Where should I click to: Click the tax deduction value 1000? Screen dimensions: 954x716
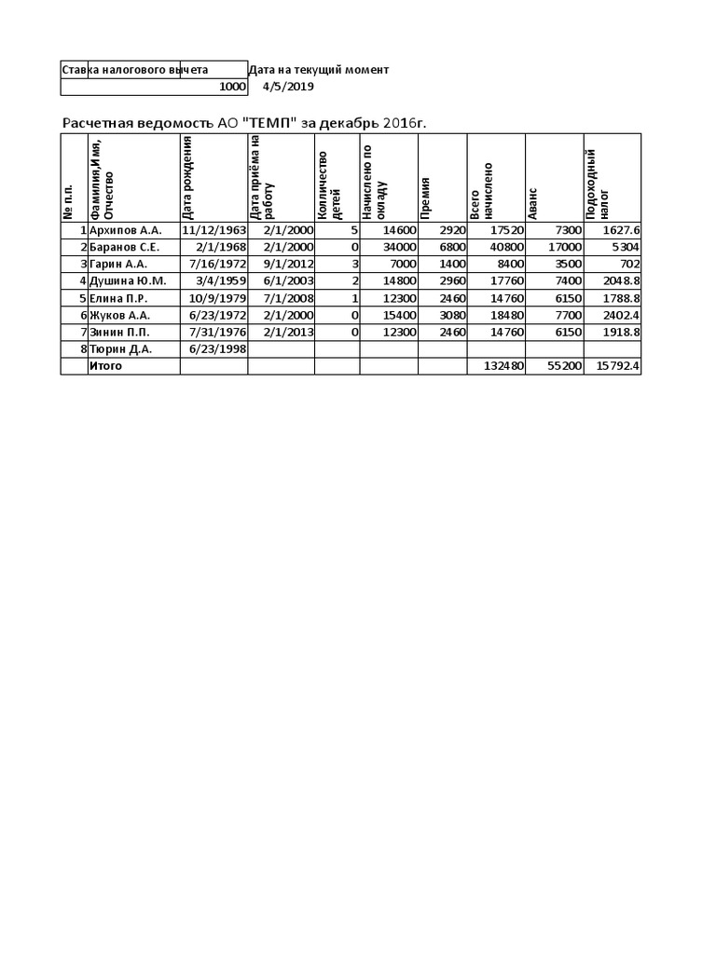point(232,88)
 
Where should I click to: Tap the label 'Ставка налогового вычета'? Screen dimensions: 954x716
point(134,70)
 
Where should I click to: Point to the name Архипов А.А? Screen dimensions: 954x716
point(125,230)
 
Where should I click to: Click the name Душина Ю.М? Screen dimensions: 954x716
point(128,280)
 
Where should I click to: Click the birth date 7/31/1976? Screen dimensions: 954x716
point(216,332)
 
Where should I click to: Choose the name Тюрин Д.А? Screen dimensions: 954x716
point(121,348)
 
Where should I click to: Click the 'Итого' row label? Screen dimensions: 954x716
point(105,366)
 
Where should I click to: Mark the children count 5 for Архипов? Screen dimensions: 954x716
point(354,230)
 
